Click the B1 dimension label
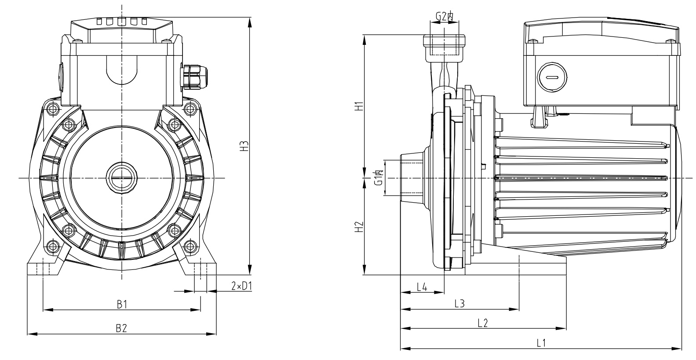[122, 304]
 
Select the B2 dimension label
[121, 328]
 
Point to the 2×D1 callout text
[241, 286]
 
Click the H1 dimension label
[359, 106]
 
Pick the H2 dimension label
[359, 226]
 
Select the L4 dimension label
[422, 287]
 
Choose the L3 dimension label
[459, 303]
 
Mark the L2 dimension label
[483, 323]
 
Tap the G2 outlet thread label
[444, 17]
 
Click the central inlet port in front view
[121, 178]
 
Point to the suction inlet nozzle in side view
[412, 178]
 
